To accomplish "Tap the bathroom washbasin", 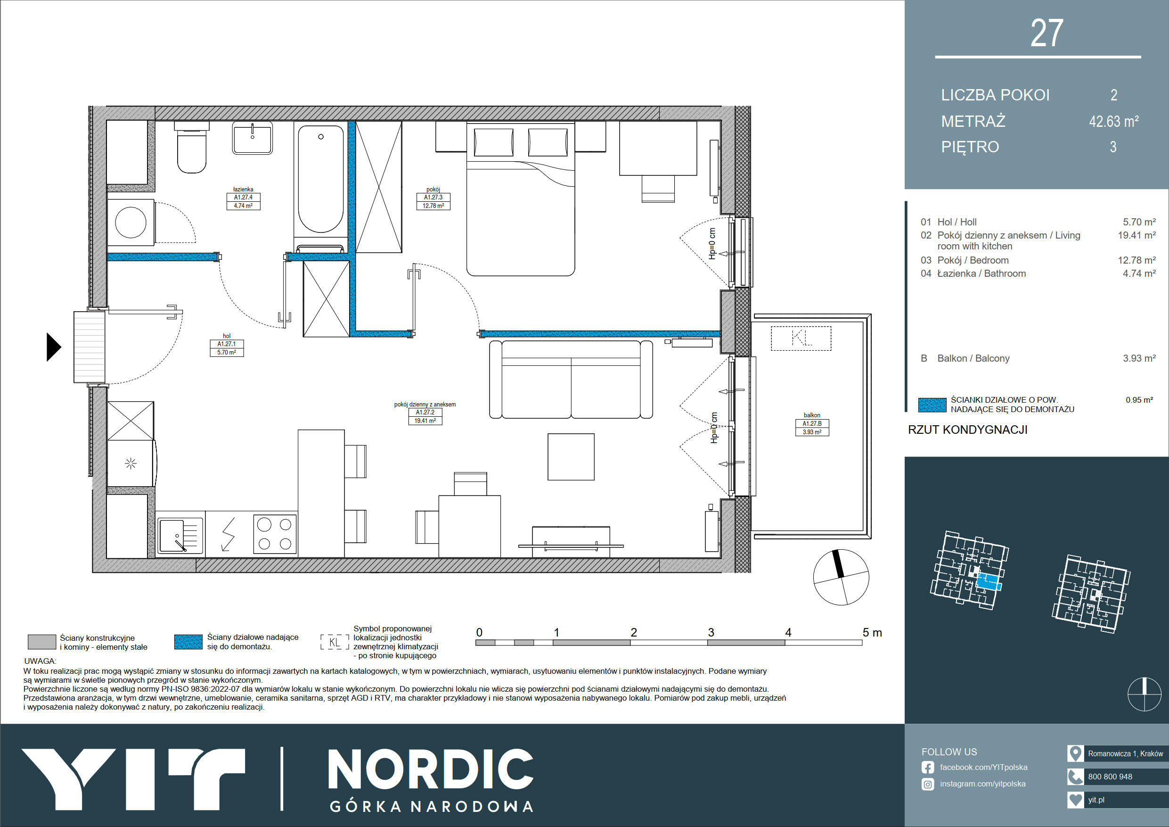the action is point(252,138).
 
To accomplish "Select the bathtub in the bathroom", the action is point(321,179).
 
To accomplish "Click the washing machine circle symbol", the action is point(131,223).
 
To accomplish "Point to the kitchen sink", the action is point(180,536).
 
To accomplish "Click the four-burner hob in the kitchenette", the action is point(275,534).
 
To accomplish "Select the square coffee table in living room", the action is point(571,456).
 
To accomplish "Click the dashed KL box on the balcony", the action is point(801,339).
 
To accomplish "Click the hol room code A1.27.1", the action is point(227,344).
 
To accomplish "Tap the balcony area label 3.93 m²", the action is point(812,432).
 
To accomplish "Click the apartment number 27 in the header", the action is point(1047,33).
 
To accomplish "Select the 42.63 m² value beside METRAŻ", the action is point(1113,121).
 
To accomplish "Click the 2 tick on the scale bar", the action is point(633,632).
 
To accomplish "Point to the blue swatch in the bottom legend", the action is point(188,642).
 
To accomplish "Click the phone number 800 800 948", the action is point(1110,777).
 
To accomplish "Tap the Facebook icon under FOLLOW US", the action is point(928,768).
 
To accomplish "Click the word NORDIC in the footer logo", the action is point(431,769).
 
